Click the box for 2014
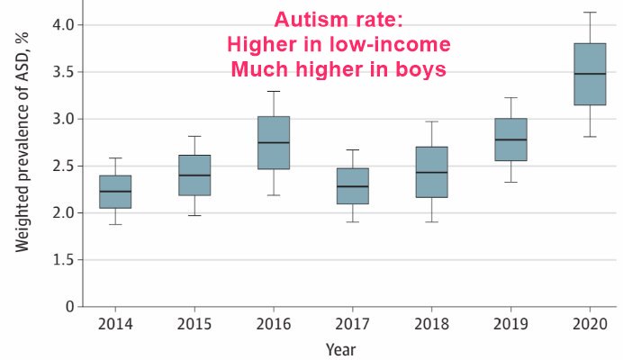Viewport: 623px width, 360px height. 115,192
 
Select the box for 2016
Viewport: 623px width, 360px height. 274,142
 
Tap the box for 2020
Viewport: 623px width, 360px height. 590,75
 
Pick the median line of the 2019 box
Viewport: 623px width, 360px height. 510,139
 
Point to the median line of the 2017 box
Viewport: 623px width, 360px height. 353,186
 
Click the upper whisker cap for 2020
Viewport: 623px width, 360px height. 590,12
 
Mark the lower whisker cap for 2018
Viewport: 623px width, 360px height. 432,221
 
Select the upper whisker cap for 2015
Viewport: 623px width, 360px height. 194,136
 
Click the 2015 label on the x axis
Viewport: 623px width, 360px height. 194,322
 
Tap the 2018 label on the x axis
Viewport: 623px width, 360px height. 432,322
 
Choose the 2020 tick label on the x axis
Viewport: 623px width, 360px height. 590,322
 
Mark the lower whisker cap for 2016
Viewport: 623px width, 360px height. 274,195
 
